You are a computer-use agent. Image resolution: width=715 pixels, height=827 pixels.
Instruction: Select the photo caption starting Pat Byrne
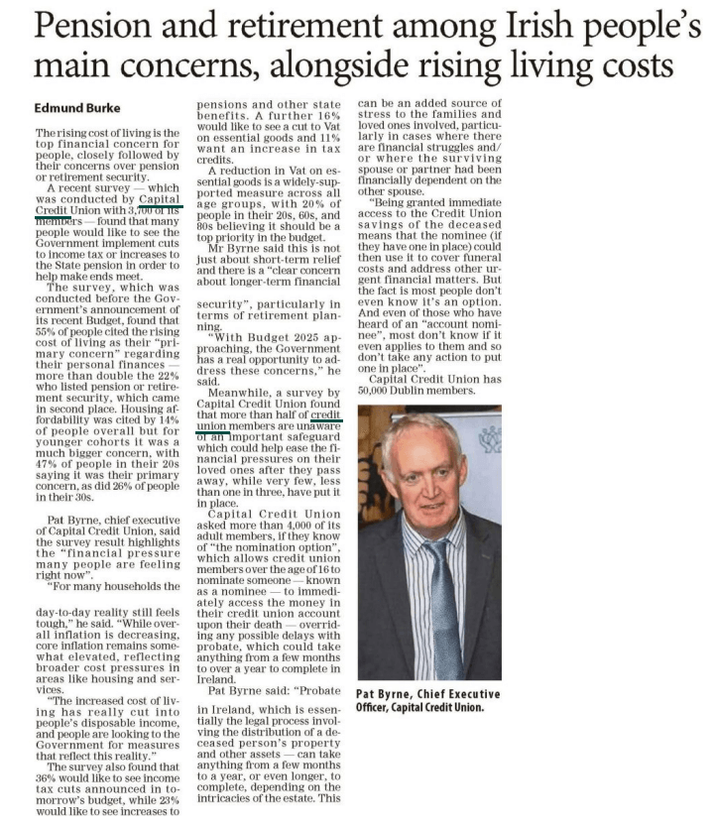427,700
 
